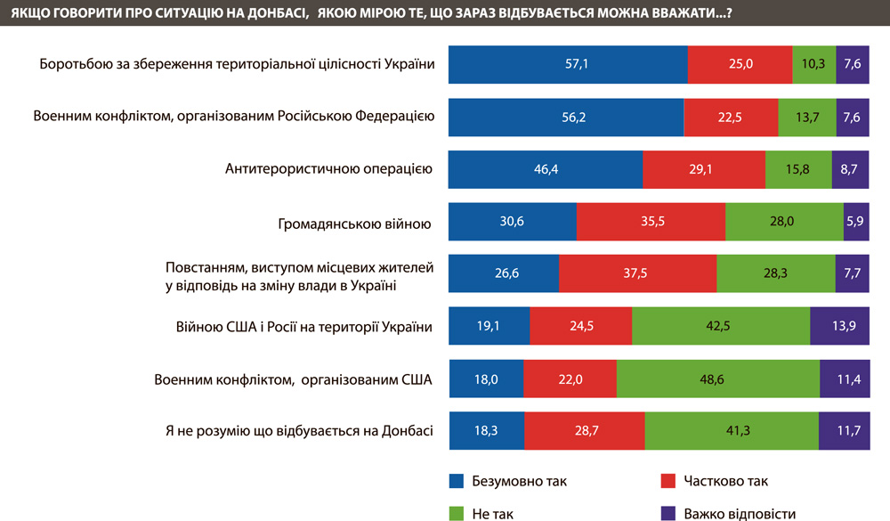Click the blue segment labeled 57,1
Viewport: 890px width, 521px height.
coord(568,64)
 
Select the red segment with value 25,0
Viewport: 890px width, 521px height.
coord(740,64)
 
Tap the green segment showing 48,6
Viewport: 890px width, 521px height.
coord(717,379)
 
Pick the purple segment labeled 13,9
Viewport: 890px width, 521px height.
coord(840,327)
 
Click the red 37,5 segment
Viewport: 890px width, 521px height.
coord(637,274)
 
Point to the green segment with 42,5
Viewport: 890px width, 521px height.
coord(721,327)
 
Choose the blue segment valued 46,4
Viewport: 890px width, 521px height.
coord(545,169)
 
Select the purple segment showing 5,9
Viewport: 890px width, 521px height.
coord(856,222)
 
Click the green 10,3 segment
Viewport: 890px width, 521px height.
coord(814,64)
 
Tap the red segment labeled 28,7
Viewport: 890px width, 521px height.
coord(585,431)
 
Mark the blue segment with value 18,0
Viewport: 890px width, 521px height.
coord(486,379)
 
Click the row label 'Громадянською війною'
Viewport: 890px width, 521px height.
coord(356,222)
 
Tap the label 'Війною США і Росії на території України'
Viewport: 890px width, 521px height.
coord(305,327)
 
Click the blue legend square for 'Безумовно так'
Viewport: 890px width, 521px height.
coord(457,482)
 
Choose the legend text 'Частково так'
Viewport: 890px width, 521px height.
coord(725,482)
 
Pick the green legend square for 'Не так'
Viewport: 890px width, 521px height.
coord(457,513)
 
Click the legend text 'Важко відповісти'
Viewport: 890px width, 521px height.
coord(740,513)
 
